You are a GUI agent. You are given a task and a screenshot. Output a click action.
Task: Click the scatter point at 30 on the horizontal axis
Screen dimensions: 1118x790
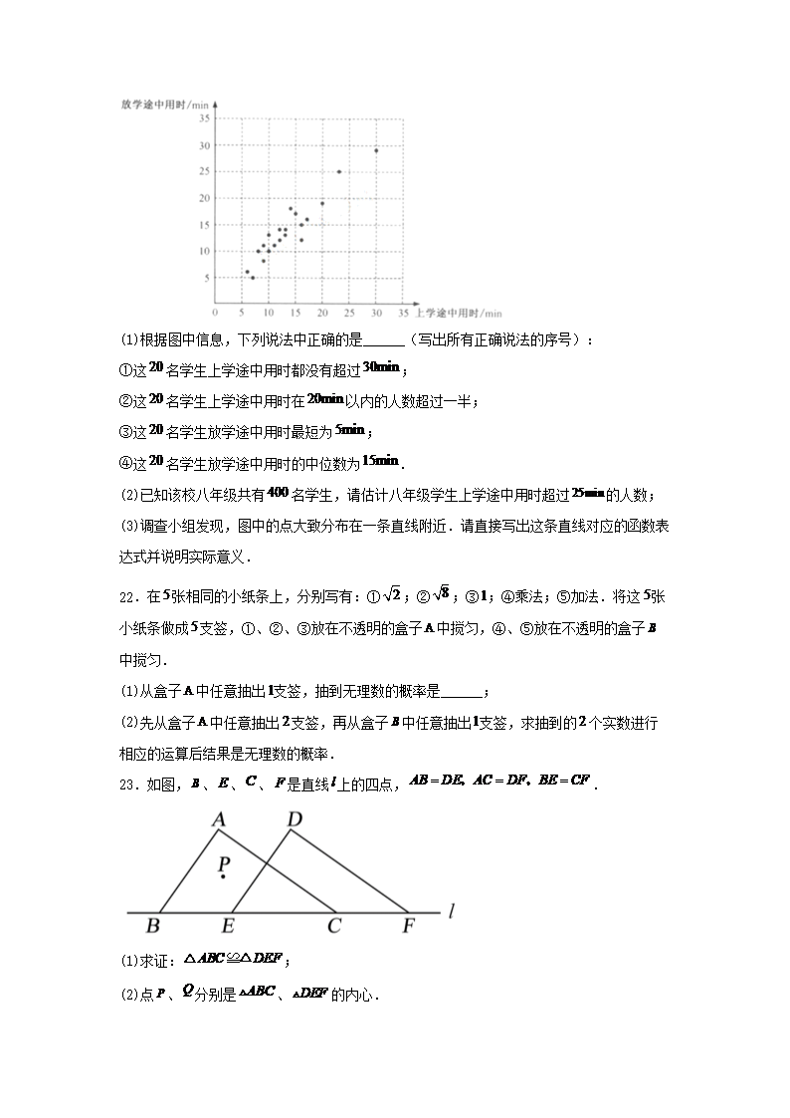click(x=376, y=150)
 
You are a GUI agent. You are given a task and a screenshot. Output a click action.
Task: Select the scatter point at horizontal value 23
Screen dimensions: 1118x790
click(x=339, y=171)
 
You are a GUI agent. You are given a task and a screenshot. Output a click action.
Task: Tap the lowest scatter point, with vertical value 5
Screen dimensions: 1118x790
click(x=253, y=278)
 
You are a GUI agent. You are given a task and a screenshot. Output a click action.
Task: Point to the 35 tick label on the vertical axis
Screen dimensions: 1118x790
click(x=203, y=118)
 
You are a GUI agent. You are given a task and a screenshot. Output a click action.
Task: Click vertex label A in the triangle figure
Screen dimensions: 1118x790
click(x=218, y=820)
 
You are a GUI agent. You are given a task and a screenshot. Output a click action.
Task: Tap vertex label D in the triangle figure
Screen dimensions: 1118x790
click(x=294, y=819)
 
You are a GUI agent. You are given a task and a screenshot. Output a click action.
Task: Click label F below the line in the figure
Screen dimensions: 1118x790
click(x=408, y=927)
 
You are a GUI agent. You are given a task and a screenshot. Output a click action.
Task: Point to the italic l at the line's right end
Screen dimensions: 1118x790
click(x=452, y=910)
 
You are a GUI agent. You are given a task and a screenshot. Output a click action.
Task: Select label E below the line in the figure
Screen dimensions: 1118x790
click(x=228, y=927)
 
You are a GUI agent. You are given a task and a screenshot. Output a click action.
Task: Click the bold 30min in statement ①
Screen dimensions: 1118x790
click(x=382, y=368)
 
